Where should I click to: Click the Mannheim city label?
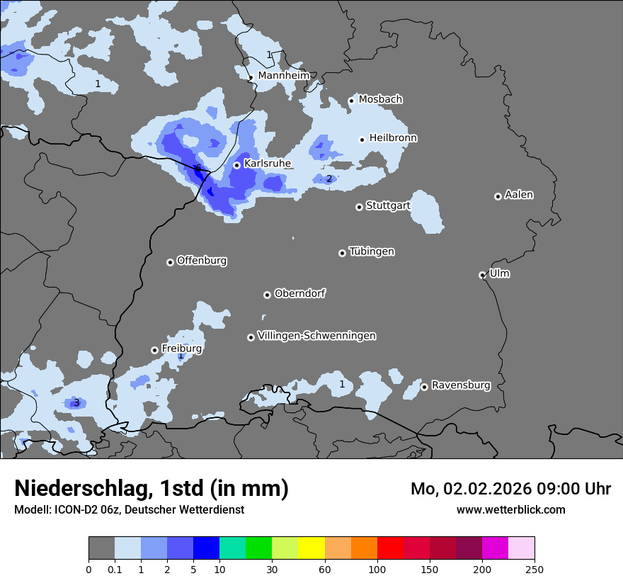pyautogui.click(x=284, y=76)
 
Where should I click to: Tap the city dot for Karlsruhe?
pyautogui.click(x=237, y=165)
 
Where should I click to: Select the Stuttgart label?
pyautogui.click(x=388, y=206)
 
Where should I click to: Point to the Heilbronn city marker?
pyautogui.click(x=362, y=140)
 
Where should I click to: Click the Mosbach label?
pyautogui.click(x=380, y=100)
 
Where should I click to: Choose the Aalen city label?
pyautogui.click(x=519, y=195)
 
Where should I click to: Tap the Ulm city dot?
pyautogui.click(x=482, y=275)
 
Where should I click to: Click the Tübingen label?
pyautogui.click(x=372, y=251)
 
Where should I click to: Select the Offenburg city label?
pyautogui.click(x=202, y=261)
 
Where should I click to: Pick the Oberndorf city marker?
pyautogui.click(x=267, y=295)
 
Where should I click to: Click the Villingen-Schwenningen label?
pyautogui.click(x=317, y=336)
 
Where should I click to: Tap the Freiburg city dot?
pyautogui.click(x=154, y=350)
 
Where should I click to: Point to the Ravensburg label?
pyautogui.click(x=461, y=385)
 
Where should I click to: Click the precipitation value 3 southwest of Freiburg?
pyautogui.click(x=76, y=403)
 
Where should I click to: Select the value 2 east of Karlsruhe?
pyautogui.click(x=328, y=179)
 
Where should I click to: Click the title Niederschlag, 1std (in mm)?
pyautogui.click(x=152, y=488)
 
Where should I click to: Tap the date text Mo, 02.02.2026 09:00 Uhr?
pyautogui.click(x=510, y=489)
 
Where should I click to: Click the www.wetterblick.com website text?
pyautogui.click(x=510, y=509)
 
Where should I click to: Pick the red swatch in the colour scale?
pyautogui.click(x=390, y=548)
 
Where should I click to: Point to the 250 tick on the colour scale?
pyautogui.click(x=535, y=569)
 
